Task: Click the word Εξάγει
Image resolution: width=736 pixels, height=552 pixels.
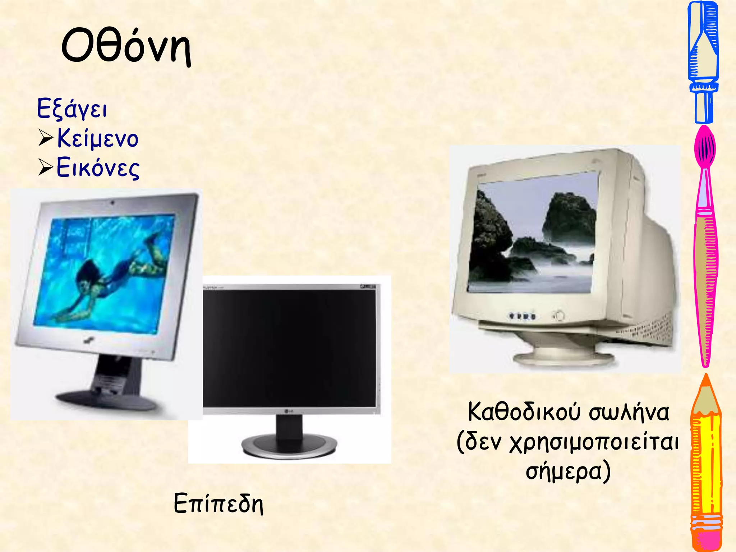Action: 72,109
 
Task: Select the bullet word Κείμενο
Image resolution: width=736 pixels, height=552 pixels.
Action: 98,138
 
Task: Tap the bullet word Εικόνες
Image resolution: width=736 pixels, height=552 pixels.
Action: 98,168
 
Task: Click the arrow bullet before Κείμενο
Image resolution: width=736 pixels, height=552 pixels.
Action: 46,138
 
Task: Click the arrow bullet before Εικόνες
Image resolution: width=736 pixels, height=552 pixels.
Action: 46,167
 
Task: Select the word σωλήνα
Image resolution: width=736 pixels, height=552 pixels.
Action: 629,413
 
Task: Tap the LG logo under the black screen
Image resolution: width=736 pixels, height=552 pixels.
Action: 289,411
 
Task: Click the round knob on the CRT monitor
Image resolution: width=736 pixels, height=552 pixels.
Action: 559,316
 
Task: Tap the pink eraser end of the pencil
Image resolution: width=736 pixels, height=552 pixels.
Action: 706,539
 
